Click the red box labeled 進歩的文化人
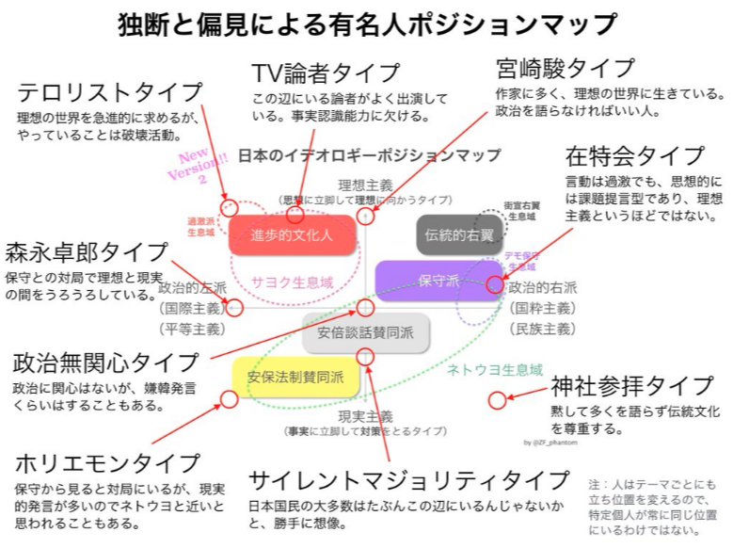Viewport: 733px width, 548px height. tap(293, 234)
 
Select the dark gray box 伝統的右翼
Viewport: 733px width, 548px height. tap(459, 234)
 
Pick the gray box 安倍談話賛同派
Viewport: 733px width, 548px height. tap(365, 331)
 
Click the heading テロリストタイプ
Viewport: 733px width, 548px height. tap(110, 92)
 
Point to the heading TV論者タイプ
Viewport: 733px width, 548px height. tap(326, 73)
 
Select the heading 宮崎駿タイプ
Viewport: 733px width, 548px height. tap(566, 69)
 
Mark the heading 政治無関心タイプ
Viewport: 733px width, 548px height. tap(106, 363)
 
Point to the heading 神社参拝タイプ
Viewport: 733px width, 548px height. tap(631, 386)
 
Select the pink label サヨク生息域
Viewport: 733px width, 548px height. tap(292, 281)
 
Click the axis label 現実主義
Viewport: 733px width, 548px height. tap(366, 415)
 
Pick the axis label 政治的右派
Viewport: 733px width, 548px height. tap(543, 287)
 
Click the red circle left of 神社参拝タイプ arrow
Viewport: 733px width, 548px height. tap(498, 399)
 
